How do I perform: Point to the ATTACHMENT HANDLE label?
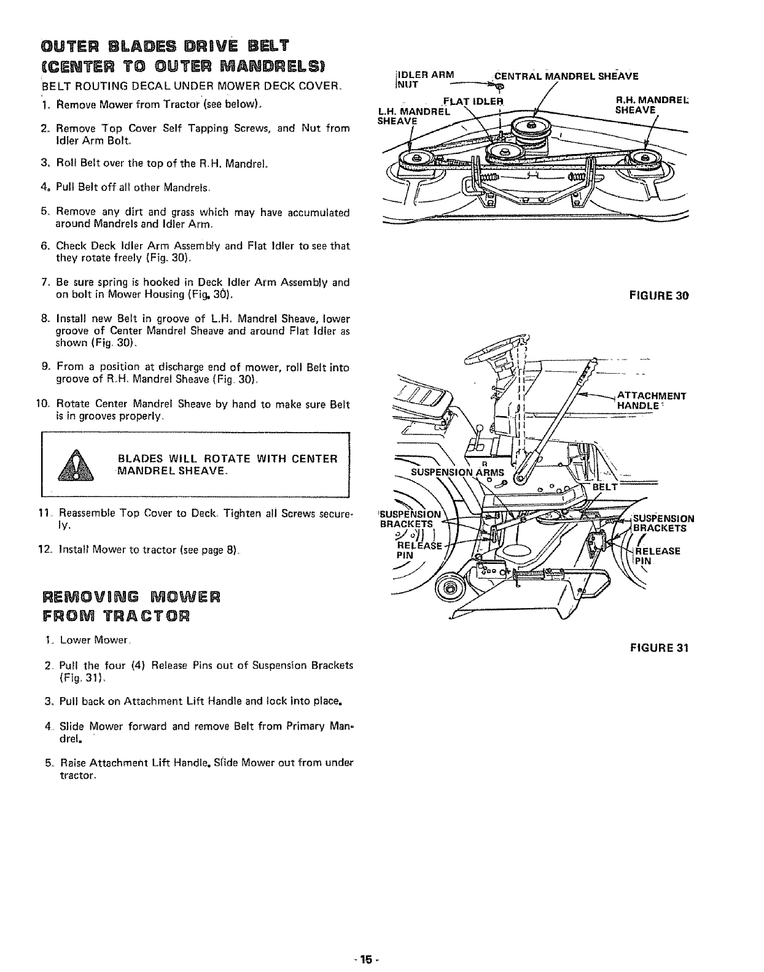click(x=651, y=400)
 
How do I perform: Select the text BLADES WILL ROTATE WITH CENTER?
click(x=227, y=459)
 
